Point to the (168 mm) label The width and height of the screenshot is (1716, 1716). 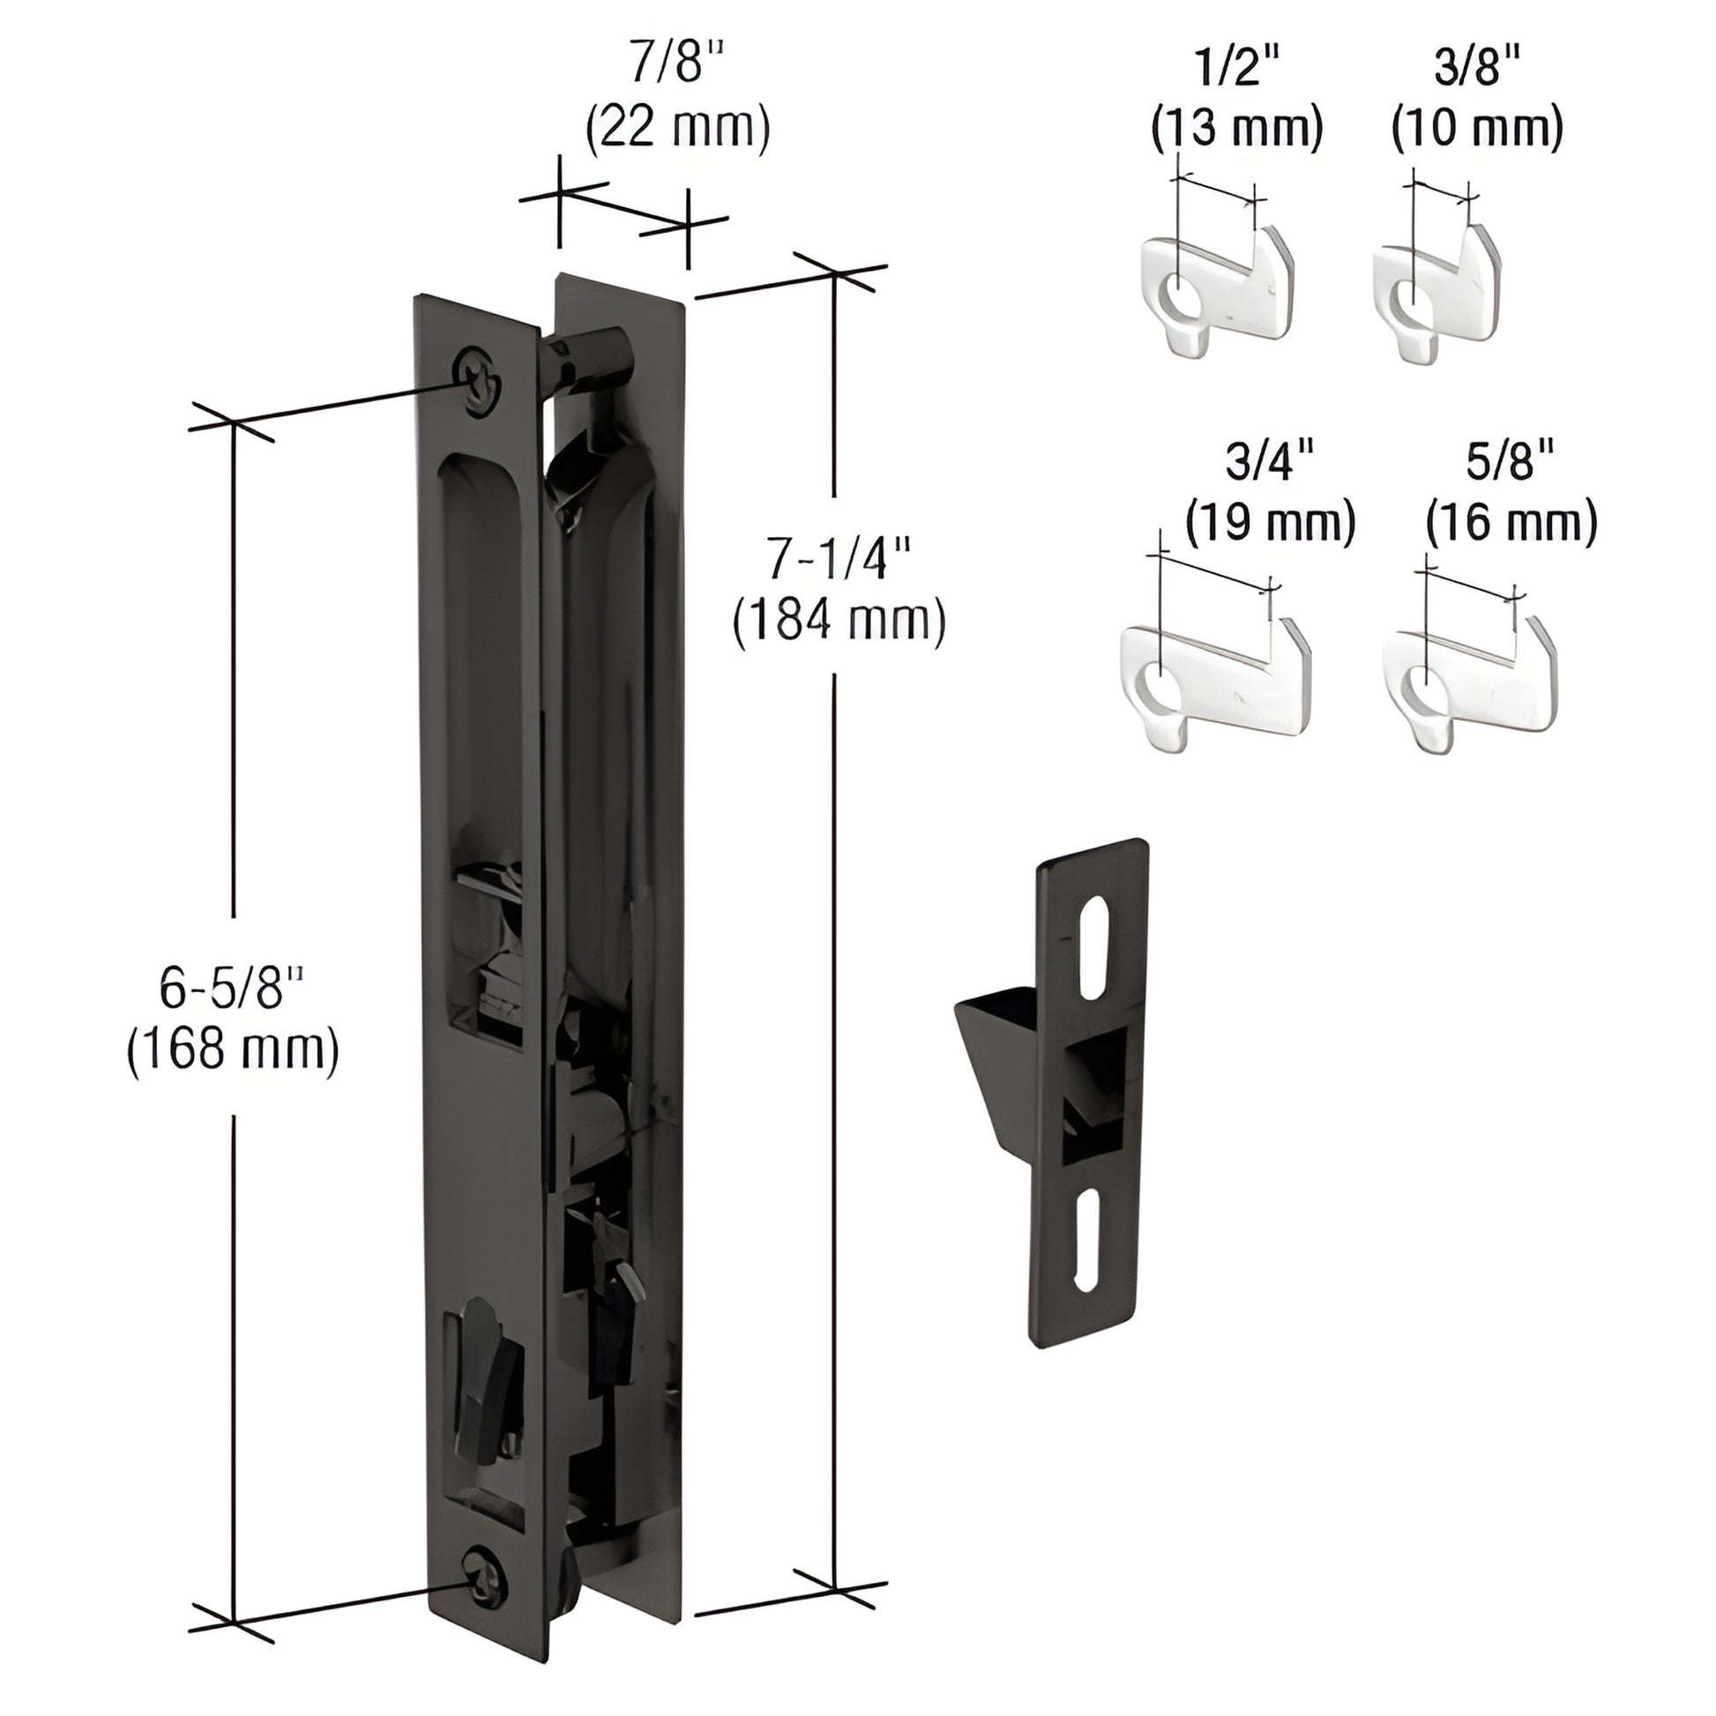233,1050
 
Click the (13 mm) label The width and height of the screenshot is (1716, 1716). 1236,128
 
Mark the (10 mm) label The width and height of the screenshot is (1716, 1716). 1477,128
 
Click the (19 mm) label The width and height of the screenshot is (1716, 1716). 1270,522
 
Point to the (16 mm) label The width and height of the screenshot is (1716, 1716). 1511,522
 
